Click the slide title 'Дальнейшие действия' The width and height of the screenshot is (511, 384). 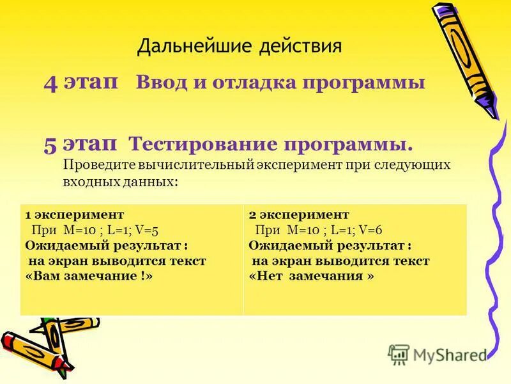pyautogui.click(x=240, y=45)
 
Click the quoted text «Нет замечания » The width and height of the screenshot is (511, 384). pyautogui.click(x=311, y=276)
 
